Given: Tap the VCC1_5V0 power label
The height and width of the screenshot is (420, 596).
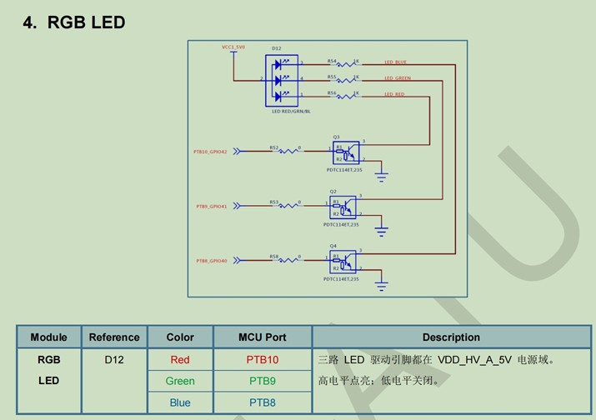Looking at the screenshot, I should pyautogui.click(x=233, y=47).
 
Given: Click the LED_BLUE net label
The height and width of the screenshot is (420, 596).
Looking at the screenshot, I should pyautogui.click(x=395, y=62).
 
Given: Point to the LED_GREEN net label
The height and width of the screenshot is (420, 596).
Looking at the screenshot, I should pyautogui.click(x=397, y=78).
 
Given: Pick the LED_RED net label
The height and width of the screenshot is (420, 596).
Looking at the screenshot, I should pyautogui.click(x=394, y=94).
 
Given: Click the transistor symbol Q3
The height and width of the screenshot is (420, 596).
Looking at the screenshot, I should pyautogui.click(x=346, y=153).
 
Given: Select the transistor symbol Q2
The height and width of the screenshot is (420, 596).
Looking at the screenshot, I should pyautogui.click(x=343, y=207).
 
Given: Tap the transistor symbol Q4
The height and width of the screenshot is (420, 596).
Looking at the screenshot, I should pyautogui.click(x=343, y=261).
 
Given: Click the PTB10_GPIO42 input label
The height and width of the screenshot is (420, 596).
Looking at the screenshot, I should pyautogui.click(x=210, y=152).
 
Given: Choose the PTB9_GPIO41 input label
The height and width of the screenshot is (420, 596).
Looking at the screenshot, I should pyautogui.click(x=212, y=206).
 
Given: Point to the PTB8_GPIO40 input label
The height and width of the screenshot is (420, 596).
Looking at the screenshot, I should pyautogui.click(x=212, y=261).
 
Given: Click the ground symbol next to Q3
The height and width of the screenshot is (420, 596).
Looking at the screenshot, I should pyautogui.click(x=382, y=175).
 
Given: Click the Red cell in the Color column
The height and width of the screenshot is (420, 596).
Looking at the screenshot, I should pyautogui.click(x=180, y=360).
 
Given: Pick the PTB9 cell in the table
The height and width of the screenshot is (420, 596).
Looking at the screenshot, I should pyautogui.click(x=263, y=381).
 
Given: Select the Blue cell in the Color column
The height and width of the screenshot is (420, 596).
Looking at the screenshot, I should pyautogui.click(x=180, y=402).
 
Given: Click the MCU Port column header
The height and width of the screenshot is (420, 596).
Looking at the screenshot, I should pyautogui.click(x=263, y=337).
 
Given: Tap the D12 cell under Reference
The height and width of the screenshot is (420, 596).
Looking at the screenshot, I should pyautogui.click(x=113, y=360).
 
